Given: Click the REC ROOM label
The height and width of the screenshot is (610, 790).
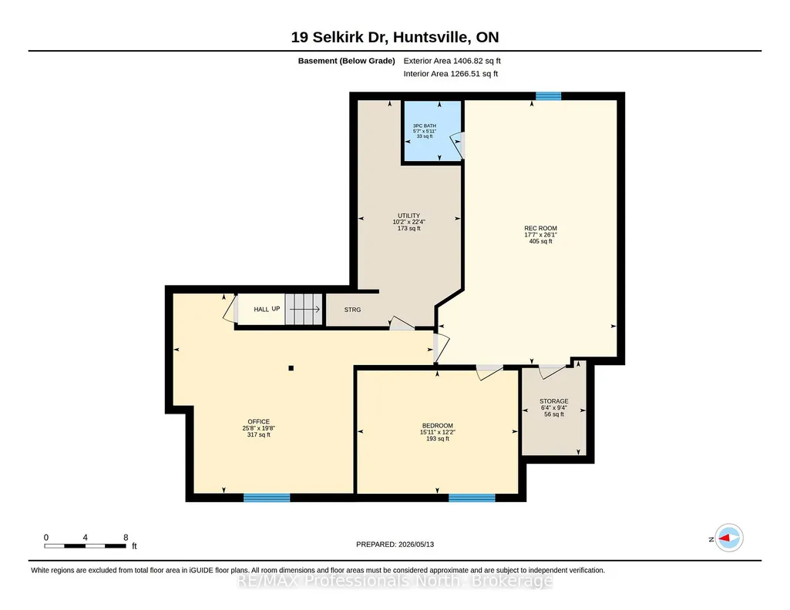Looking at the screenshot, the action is tap(540, 228).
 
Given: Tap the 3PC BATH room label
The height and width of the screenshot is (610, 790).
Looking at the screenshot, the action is tap(424, 126).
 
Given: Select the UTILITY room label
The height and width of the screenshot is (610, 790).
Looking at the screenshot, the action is tap(408, 216).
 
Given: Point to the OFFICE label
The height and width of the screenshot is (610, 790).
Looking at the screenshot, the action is tap(258, 422).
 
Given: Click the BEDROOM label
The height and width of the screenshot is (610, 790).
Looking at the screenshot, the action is tap(437, 426).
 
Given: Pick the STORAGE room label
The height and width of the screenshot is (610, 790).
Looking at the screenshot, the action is tap(553, 401).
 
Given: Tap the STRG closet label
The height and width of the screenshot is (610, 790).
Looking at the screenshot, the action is tap(353, 310).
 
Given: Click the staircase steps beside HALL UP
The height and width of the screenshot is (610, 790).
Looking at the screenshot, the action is tap(304, 310).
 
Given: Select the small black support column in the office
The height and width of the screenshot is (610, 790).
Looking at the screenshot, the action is tap(291, 368).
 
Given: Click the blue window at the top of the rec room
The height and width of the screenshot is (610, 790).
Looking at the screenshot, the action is tap(548, 96).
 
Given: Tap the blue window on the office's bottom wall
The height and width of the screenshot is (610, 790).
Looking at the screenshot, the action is tap(267, 498).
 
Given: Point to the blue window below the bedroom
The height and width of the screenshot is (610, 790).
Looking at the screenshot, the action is tap(472, 498).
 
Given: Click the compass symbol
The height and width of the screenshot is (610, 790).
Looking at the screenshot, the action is tap(728, 538).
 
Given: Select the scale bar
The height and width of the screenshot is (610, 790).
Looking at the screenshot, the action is tap(85, 546).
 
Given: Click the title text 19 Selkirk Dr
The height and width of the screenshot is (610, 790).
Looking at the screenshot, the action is tap(339, 37).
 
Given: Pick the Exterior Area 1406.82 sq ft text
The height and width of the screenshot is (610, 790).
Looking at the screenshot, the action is tap(452, 61).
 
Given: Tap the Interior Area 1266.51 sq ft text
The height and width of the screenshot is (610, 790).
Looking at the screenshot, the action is tap(450, 74).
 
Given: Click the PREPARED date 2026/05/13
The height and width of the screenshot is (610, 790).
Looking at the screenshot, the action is tap(415, 545).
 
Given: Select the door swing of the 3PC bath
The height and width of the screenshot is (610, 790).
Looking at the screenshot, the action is tap(457, 145).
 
